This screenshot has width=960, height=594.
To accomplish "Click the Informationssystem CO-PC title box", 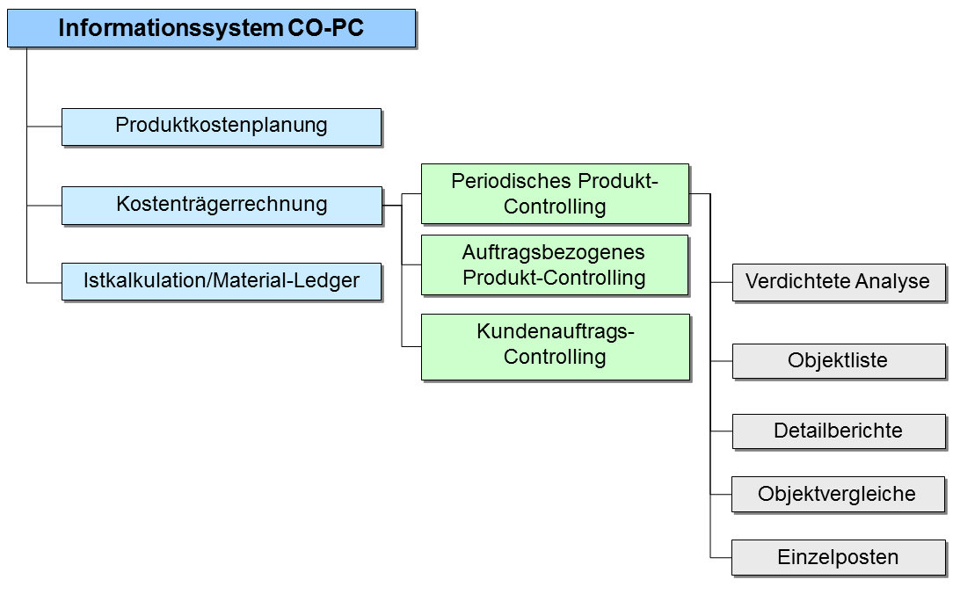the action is [x=212, y=28].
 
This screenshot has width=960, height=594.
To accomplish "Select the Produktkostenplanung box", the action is [x=222, y=127].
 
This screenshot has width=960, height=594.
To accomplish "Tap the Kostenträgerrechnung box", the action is [x=222, y=206].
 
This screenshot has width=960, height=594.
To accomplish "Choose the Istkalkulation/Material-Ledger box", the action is [x=222, y=281].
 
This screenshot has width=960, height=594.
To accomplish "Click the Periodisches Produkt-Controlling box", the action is [x=556, y=194].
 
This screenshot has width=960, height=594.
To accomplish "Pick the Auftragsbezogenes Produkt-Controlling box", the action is [x=555, y=264].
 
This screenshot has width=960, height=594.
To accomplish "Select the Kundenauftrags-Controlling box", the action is [x=556, y=347].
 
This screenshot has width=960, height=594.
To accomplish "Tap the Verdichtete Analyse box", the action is [x=839, y=283].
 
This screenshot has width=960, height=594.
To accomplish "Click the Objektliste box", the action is [x=839, y=361].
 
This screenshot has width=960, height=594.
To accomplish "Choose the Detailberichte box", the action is [x=839, y=432].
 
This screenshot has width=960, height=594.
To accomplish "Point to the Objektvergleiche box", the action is [x=838, y=495].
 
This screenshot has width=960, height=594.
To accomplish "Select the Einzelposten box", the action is [x=839, y=558].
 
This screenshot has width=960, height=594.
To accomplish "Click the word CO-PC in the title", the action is [x=325, y=27].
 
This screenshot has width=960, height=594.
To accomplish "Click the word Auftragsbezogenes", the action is [x=554, y=252].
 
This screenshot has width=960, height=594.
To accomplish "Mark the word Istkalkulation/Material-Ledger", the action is [x=222, y=280].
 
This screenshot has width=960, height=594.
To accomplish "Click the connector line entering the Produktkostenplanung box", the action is [x=44, y=127].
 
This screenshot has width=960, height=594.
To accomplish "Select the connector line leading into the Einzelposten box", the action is [x=721, y=558].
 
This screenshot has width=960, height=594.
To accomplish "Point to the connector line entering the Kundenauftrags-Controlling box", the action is [x=411, y=347].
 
